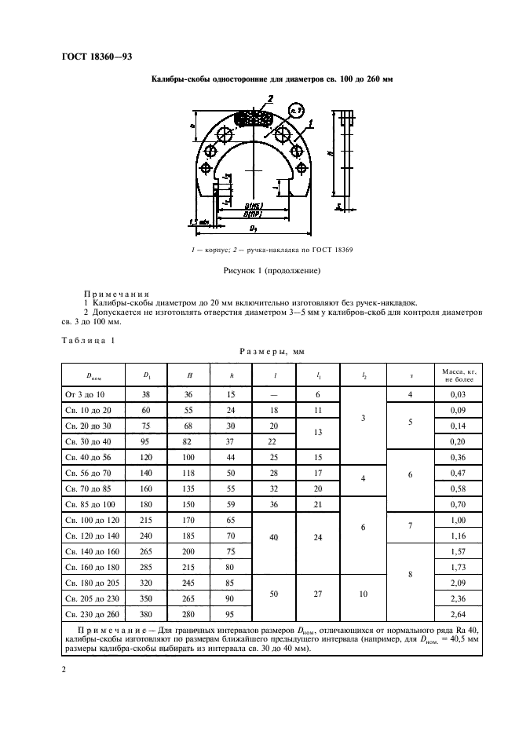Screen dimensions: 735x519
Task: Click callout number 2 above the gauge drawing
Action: (269, 99)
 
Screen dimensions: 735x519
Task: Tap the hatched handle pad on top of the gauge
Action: (254, 119)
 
